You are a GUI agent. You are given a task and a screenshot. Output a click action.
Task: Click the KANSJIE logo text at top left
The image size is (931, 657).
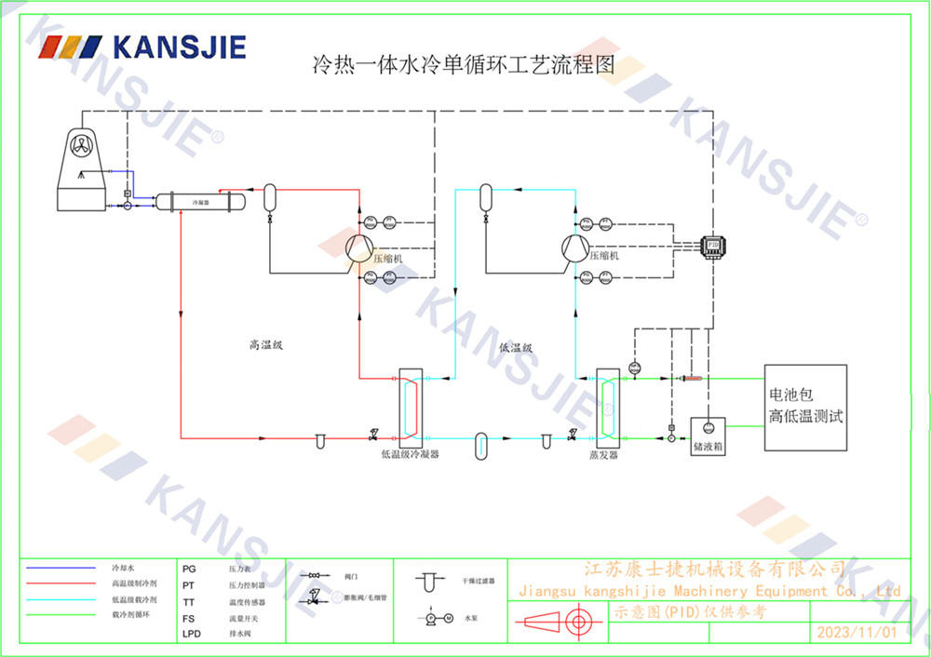pos(178,47)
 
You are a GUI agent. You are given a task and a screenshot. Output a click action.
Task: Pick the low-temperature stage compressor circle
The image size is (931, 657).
pos(575,248)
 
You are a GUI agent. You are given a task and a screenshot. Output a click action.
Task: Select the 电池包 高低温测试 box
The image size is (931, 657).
pos(805,408)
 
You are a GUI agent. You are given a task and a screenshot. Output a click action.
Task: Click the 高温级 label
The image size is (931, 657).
pos(265,345)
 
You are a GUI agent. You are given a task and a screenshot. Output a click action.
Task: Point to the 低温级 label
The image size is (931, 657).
pos(515,348)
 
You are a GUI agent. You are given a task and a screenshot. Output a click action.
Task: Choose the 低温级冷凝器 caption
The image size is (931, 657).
pos(410,456)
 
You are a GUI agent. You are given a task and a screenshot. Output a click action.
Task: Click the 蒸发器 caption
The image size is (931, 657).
pos(603,456)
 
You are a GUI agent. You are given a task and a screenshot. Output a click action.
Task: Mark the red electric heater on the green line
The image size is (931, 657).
pos(691,378)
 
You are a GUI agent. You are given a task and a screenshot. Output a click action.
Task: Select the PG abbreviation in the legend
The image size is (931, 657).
pos(189,567)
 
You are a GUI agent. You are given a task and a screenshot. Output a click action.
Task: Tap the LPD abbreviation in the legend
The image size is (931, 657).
pos(191,634)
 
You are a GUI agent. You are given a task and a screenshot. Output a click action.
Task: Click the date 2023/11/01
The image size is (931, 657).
pos(856,633)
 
